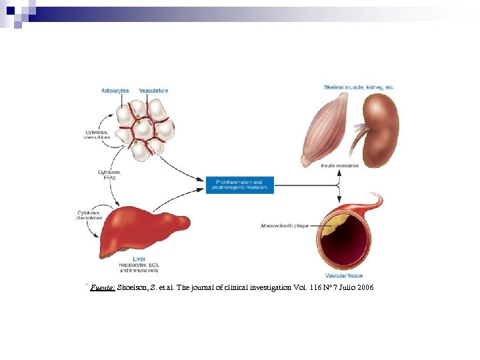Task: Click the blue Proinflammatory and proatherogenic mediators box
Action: click(x=240, y=185)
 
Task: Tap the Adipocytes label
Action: click(x=115, y=91)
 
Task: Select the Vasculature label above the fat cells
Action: click(x=153, y=91)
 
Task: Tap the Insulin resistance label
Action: click(x=339, y=165)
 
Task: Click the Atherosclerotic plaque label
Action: click(x=286, y=226)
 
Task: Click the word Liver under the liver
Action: click(x=139, y=259)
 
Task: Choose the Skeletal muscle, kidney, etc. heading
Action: click(x=359, y=87)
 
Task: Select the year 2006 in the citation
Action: click(x=364, y=287)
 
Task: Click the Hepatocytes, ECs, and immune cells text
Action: click(x=139, y=268)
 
